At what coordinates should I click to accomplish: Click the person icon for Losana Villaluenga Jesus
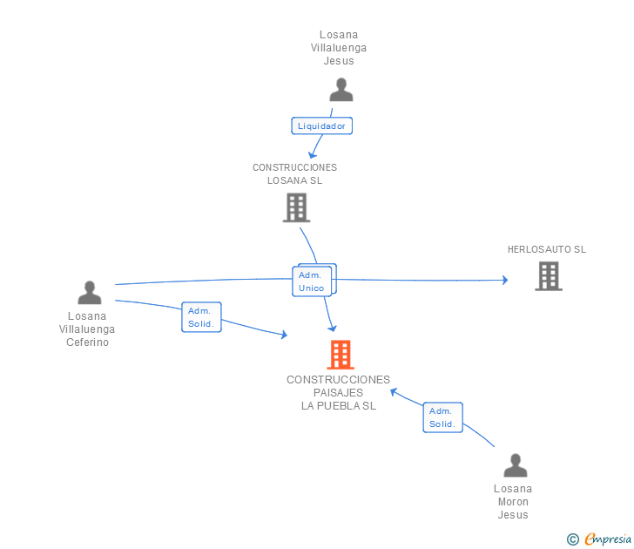(x=341, y=90)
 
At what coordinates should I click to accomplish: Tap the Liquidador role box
(x=321, y=125)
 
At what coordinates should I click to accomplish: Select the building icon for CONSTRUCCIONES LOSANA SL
(x=296, y=207)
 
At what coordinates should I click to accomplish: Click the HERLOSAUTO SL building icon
(x=548, y=276)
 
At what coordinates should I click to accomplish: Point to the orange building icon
(x=341, y=355)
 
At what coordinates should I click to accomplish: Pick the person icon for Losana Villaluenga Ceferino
(x=90, y=293)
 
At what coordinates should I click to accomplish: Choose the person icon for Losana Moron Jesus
(x=516, y=465)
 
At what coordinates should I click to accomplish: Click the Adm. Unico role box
(x=312, y=281)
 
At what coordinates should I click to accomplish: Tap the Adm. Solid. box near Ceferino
(x=201, y=316)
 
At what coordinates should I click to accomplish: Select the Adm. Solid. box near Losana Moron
(x=442, y=417)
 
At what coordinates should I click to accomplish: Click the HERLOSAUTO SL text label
(x=547, y=249)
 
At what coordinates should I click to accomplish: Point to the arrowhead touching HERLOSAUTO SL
(x=504, y=280)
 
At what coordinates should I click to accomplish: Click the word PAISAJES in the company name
(x=338, y=393)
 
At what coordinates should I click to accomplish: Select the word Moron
(x=513, y=502)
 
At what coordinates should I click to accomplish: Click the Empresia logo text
(x=608, y=539)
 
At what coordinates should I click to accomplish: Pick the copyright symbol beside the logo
(x=572, y=539)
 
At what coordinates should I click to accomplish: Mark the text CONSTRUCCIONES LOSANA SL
(x=294, y=174)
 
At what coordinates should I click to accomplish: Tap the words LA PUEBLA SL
(x=338, y=405)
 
